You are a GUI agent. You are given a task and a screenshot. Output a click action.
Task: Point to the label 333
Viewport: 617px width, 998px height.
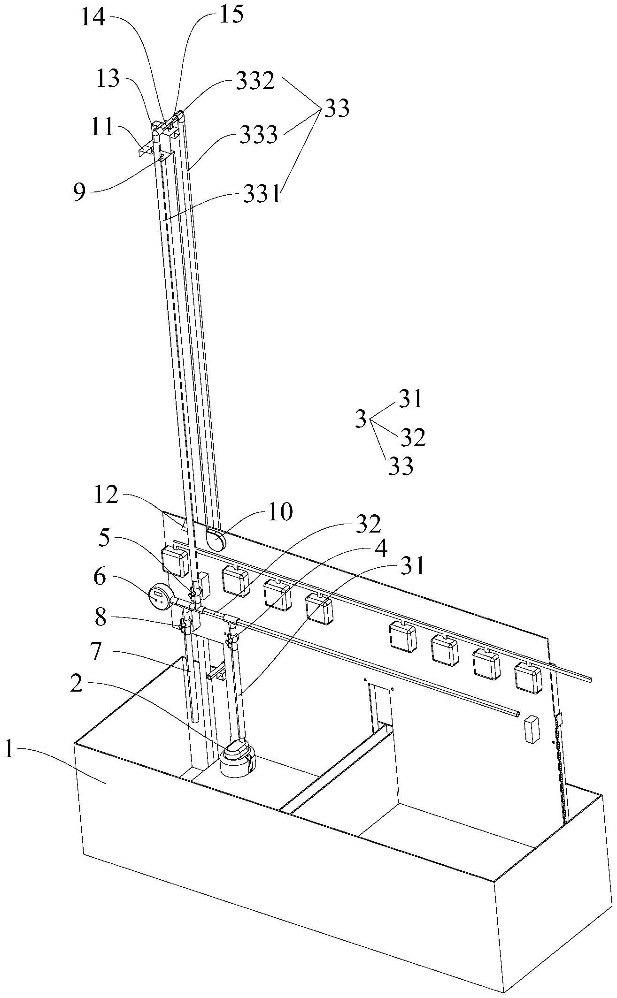[258, 135]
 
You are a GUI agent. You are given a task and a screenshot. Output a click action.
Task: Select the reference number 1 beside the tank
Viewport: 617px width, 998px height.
[10, 750]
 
